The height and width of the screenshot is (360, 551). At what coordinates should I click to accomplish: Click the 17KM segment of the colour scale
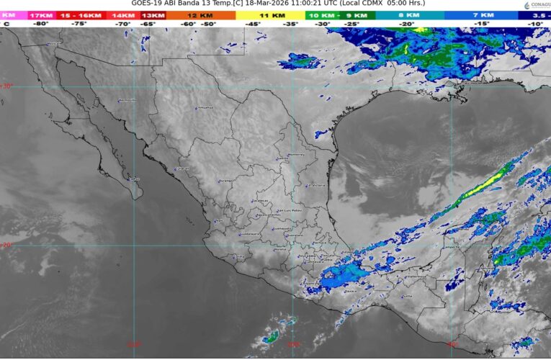point(40,14)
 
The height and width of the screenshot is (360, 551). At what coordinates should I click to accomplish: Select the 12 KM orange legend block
point(194,14)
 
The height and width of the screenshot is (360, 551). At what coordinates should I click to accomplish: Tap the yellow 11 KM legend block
point(272,14)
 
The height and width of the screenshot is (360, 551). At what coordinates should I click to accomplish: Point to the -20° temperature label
point(408,24)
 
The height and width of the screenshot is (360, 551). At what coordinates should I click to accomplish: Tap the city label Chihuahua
point(205,108)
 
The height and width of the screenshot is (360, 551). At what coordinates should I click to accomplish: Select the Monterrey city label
point(297,155)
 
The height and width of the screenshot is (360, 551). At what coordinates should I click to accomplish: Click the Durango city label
point(225,181)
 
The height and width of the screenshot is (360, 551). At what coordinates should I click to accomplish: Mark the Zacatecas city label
point(261,201)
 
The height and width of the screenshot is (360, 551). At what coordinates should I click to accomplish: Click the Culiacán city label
point(182,169)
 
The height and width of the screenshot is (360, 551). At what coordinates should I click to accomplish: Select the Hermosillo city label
point(127,101)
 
